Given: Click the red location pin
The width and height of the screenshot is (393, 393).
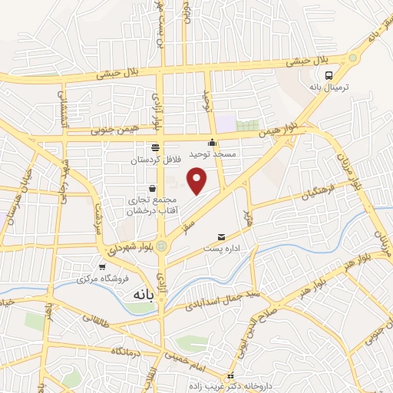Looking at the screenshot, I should click(198, 180).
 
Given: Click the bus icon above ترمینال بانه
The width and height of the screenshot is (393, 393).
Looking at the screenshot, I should click(329, 75).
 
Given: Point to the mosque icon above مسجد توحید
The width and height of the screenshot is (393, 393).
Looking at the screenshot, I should click(213, 142).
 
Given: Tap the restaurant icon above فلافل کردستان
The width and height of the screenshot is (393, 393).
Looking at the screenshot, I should click(155, 147).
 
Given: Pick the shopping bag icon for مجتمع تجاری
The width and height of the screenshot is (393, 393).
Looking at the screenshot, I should click(152, 188).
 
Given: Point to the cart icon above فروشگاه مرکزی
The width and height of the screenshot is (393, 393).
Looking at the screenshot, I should click(101, 266).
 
